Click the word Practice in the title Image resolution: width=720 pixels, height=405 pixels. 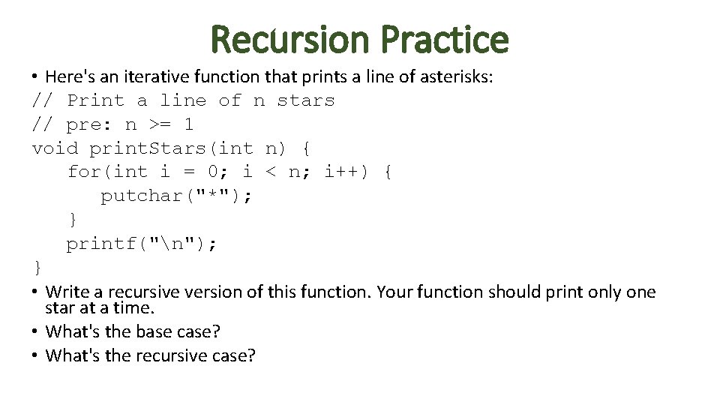(x=444, y=39)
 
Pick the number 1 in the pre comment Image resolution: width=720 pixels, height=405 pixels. (x=188, y=124)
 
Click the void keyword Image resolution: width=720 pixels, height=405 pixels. (x=55, y=148)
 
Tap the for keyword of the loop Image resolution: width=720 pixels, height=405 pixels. (x=83, y=172)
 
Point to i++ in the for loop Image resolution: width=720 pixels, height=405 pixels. (x=341, y=172)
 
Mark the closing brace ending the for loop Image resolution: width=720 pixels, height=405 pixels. (x=73, y=220)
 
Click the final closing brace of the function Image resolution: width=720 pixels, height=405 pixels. (x=37, y=268)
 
